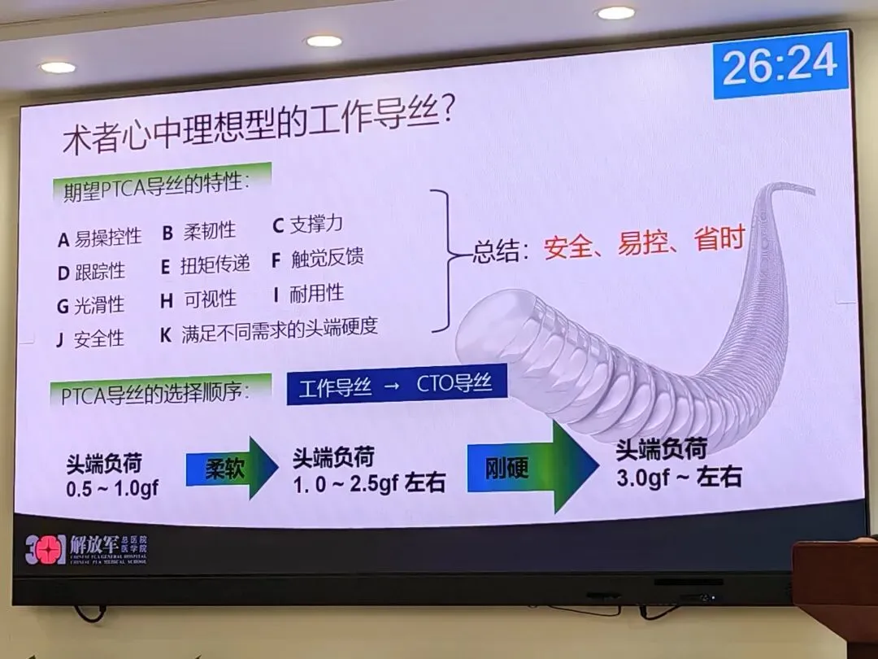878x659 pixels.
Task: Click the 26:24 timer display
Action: tap(780, 64)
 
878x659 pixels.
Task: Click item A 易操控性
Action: tap(99, 238)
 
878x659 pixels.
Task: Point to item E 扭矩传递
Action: tap(205, 264)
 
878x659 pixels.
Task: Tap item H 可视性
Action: tap(198, 299)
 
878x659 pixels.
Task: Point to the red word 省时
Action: tap(719, 240)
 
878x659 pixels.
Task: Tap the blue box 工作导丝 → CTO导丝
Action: tap(396, 385)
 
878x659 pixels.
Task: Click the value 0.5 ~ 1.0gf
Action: tap(112, 489)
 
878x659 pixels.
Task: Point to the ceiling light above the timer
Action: tap(615, 13)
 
